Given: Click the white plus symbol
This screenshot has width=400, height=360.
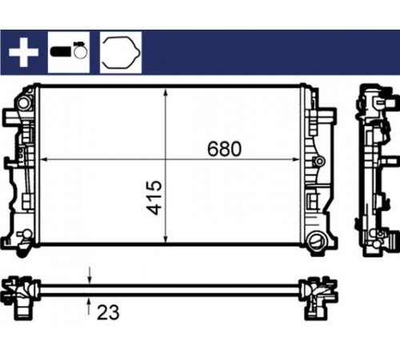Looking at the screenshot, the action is tap(23, 52).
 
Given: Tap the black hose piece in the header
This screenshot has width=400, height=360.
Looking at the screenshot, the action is tap(61, 51).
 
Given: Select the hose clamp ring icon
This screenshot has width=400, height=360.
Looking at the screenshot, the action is tap(80, 50).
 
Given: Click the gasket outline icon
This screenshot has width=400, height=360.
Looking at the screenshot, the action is tap(121, 52).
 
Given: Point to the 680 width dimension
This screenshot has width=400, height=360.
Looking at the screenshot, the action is tap(224, 149).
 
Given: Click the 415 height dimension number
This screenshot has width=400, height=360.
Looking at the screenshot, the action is tap(154, 198).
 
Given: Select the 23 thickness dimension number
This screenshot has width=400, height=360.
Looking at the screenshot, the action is tap(108, 312).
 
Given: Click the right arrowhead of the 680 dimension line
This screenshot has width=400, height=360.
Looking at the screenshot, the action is tap(296, 160).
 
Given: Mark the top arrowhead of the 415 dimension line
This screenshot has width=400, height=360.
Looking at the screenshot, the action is tap(166, 93).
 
